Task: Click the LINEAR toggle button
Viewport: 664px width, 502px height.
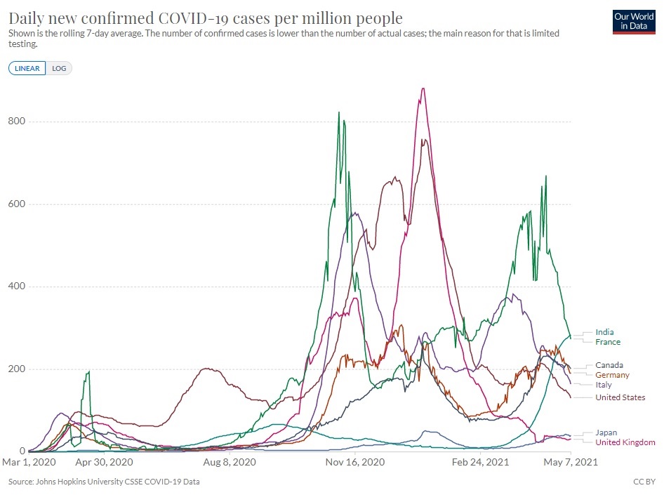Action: coord(27,68)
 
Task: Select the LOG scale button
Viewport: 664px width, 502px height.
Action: coord(59,68)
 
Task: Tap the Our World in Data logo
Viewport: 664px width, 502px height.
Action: coord(634,22)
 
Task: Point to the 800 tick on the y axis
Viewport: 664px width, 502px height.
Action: coord(16,121)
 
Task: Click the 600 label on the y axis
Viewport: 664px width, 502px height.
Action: coord(16,204)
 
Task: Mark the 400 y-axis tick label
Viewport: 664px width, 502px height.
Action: coord(16,286)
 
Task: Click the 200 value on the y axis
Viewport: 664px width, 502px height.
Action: coord(16,369)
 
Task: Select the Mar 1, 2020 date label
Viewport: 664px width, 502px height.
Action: coord(29,463)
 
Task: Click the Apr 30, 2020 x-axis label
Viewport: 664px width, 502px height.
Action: coord(105,463)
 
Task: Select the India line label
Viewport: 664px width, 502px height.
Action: coord(604,332)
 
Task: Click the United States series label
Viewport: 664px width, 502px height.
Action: coord(620,397)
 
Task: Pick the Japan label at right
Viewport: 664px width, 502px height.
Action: coord(606,432)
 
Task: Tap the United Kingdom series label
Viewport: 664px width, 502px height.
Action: coord(625,442)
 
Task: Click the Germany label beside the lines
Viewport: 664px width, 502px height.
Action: coord(612,375)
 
